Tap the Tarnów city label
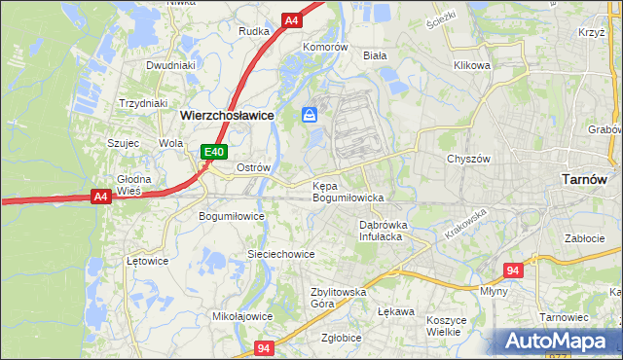(x=585, y=179)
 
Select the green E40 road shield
(x=214, y=152)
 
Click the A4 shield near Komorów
(x=291, y=19)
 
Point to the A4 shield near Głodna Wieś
(x=99, y=197)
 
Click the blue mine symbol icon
(x=310, y=115)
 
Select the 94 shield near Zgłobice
(x=264, y=347)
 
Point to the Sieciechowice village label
(x=280, y=254)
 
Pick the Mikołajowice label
(x=242, y=316)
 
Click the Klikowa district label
(x=471, y=65)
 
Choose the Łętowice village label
(x=148, y=261)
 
